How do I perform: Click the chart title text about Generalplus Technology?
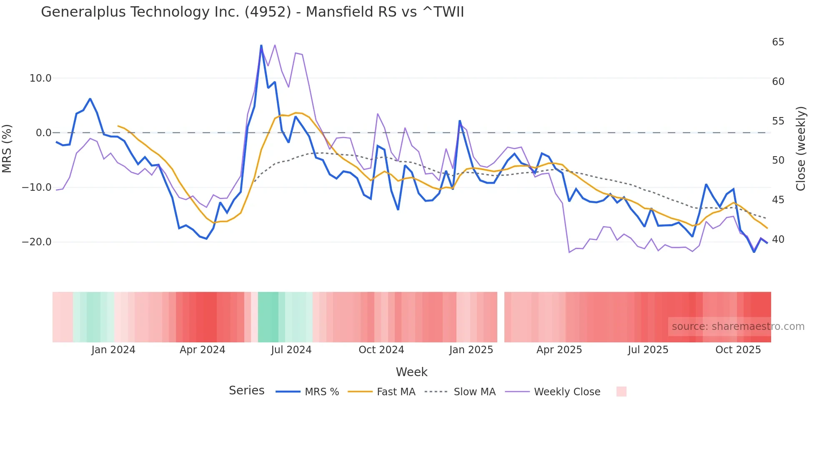[252, 12]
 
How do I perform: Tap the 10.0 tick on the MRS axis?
[40, 78]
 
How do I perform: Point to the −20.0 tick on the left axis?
[37, 242]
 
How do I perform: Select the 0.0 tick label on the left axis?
[43, 133]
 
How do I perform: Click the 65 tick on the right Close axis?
[778, 42]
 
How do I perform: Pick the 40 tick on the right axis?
[778, 239]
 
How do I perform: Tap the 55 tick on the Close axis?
[778, 121]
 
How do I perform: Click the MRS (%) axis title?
[7, 148]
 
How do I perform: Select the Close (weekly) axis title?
[800, 149]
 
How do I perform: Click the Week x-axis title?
[411, 372]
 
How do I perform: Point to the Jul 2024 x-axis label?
[291, 350]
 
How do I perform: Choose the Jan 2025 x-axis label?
[471, 350]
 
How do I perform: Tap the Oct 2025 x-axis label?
[738, 350]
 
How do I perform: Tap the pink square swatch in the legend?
[621, 392]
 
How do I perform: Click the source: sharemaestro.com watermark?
[738, 327]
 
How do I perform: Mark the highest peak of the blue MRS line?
[261, 45]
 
